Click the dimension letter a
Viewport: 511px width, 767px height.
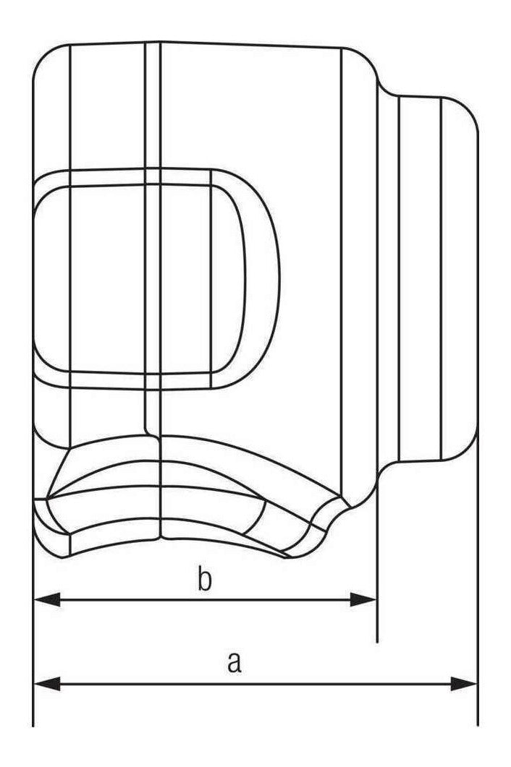tap(235, 662)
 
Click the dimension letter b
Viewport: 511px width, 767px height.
tap(205, 578)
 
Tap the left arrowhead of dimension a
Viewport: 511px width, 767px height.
tap(47, 684)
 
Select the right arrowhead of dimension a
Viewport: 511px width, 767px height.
tap(463, 684)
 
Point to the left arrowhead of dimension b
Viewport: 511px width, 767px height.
tap(47, 599)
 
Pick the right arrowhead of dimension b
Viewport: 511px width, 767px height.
tap(363, 599)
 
